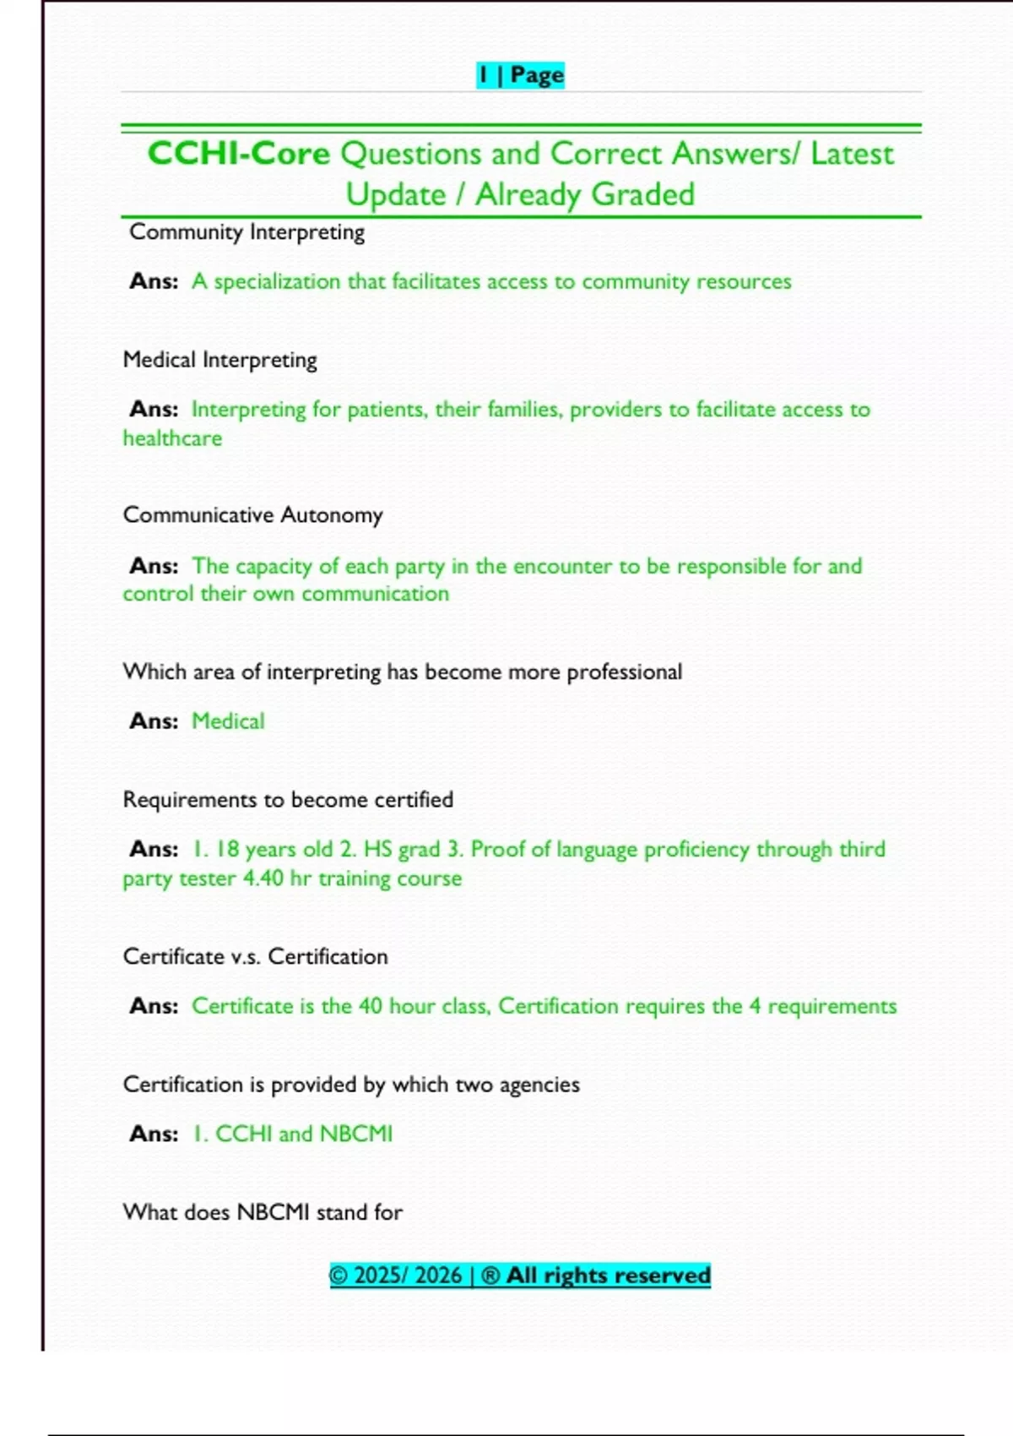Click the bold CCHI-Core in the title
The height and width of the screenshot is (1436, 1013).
coord(239,154)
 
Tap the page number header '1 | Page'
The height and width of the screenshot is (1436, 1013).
coord(520,75)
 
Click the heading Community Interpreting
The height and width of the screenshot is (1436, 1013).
coord(246,232)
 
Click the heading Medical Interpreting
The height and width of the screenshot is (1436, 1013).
coord(219,360)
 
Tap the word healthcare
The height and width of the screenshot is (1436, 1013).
coord(172,438)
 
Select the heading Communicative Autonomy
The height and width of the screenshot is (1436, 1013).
coord(252,515)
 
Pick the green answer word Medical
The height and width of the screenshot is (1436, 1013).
coord(228,721)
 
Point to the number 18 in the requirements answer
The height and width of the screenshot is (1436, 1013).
coord(228,849)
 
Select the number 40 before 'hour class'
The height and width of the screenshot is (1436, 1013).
coord(371,1006)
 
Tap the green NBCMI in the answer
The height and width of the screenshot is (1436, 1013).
coord(355,1134)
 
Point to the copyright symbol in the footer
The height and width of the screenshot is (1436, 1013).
coord(339,1276)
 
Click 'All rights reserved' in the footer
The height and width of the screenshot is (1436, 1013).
coord(608,1276)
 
